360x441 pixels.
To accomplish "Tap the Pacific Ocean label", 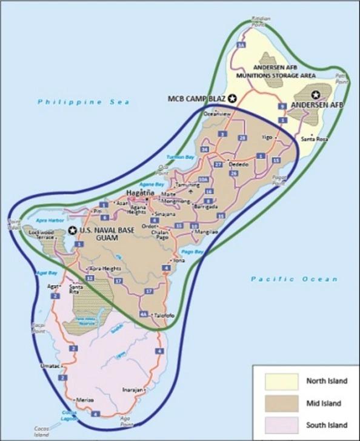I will pyautogui.click(x=293, y=279).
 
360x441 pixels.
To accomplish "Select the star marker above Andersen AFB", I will pyautogui.click(x=316, y=94).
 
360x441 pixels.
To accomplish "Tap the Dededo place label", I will pyautogui.click(x=238, y=164).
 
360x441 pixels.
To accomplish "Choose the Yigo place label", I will pyautogui.click(x=267, y=138).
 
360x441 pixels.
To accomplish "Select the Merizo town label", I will pyautogui.click(x=84, y=400).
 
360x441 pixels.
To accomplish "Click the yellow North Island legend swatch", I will pyautogui.click(x=281, y=381).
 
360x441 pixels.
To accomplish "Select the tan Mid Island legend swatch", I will pyautogui.click(x=281, y=403).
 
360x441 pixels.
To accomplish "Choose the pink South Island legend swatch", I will pyautogui.click(x=281, y=425).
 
